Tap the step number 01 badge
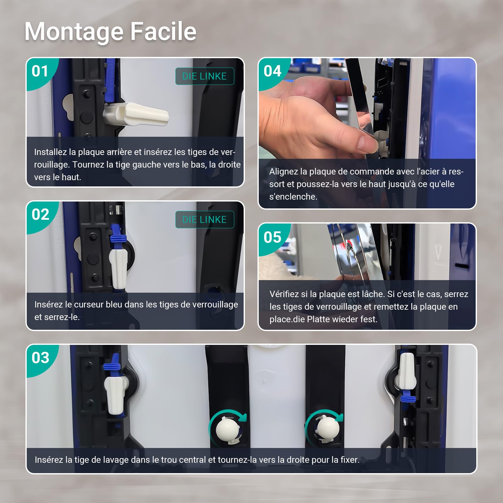click(x=40, y=71)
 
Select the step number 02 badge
click(x=41, y=215)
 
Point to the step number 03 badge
click(x=41, y=358)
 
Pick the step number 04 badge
click(x=273, y=71)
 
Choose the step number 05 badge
click(x=273, y=237)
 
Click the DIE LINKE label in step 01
click(x=205, y=76)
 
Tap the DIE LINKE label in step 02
click(x=205, y=219)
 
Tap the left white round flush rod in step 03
click(x=229, y=429)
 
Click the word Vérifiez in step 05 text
click(x=284, y=294)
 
